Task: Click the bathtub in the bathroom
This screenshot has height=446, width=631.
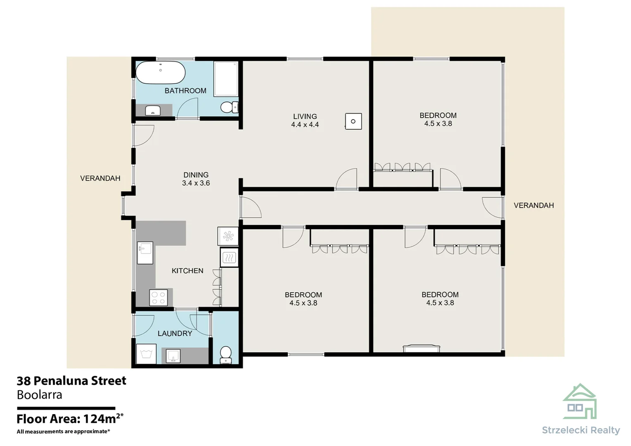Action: pyautogui.click(x=160, y=73)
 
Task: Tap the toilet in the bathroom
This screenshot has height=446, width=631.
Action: pyautogui.click(x=228, y=107)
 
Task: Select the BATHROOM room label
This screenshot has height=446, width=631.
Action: pyautogui.click(x=185, y=91)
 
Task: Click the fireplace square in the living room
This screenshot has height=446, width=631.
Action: pyautogui.click(x=353, y=121)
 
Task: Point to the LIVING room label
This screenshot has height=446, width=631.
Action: pyautogui.click(x=305, y=116)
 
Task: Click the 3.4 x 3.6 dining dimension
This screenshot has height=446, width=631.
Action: pyautogui.click(x=196, y=183)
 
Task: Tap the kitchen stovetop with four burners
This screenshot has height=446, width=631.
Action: pyautogui.click(x=158, y=298)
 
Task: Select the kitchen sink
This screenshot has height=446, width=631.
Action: pyautogui.click(x=145, y=252)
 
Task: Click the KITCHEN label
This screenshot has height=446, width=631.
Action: pyautogui.click(x=188, y=271)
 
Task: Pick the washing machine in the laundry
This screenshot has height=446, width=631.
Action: pyautogui.click(x=146, y=354)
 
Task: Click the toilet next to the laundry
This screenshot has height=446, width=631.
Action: pyautogui.click(x=226, y=354)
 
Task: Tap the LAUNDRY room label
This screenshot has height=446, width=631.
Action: pyautogui.click(x=175, y=333)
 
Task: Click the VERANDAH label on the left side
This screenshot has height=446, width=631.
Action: pyautogui.click(x=100, y=178)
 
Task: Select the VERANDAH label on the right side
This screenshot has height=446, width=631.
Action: pyautogui.click(x=533, y=205)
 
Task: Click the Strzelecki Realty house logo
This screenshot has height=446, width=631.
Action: pyautogui.click(x=580, y=401)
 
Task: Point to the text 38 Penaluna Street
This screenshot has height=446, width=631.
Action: pyautogui.click(x=71, y=381)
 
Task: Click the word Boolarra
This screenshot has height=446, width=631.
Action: pyautogui.click(x=40, y=395)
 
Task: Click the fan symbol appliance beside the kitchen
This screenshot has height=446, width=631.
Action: pyautogui.click(x=228, y=236)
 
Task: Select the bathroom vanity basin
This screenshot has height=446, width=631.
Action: pyautogui.click(x=153, y=111)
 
